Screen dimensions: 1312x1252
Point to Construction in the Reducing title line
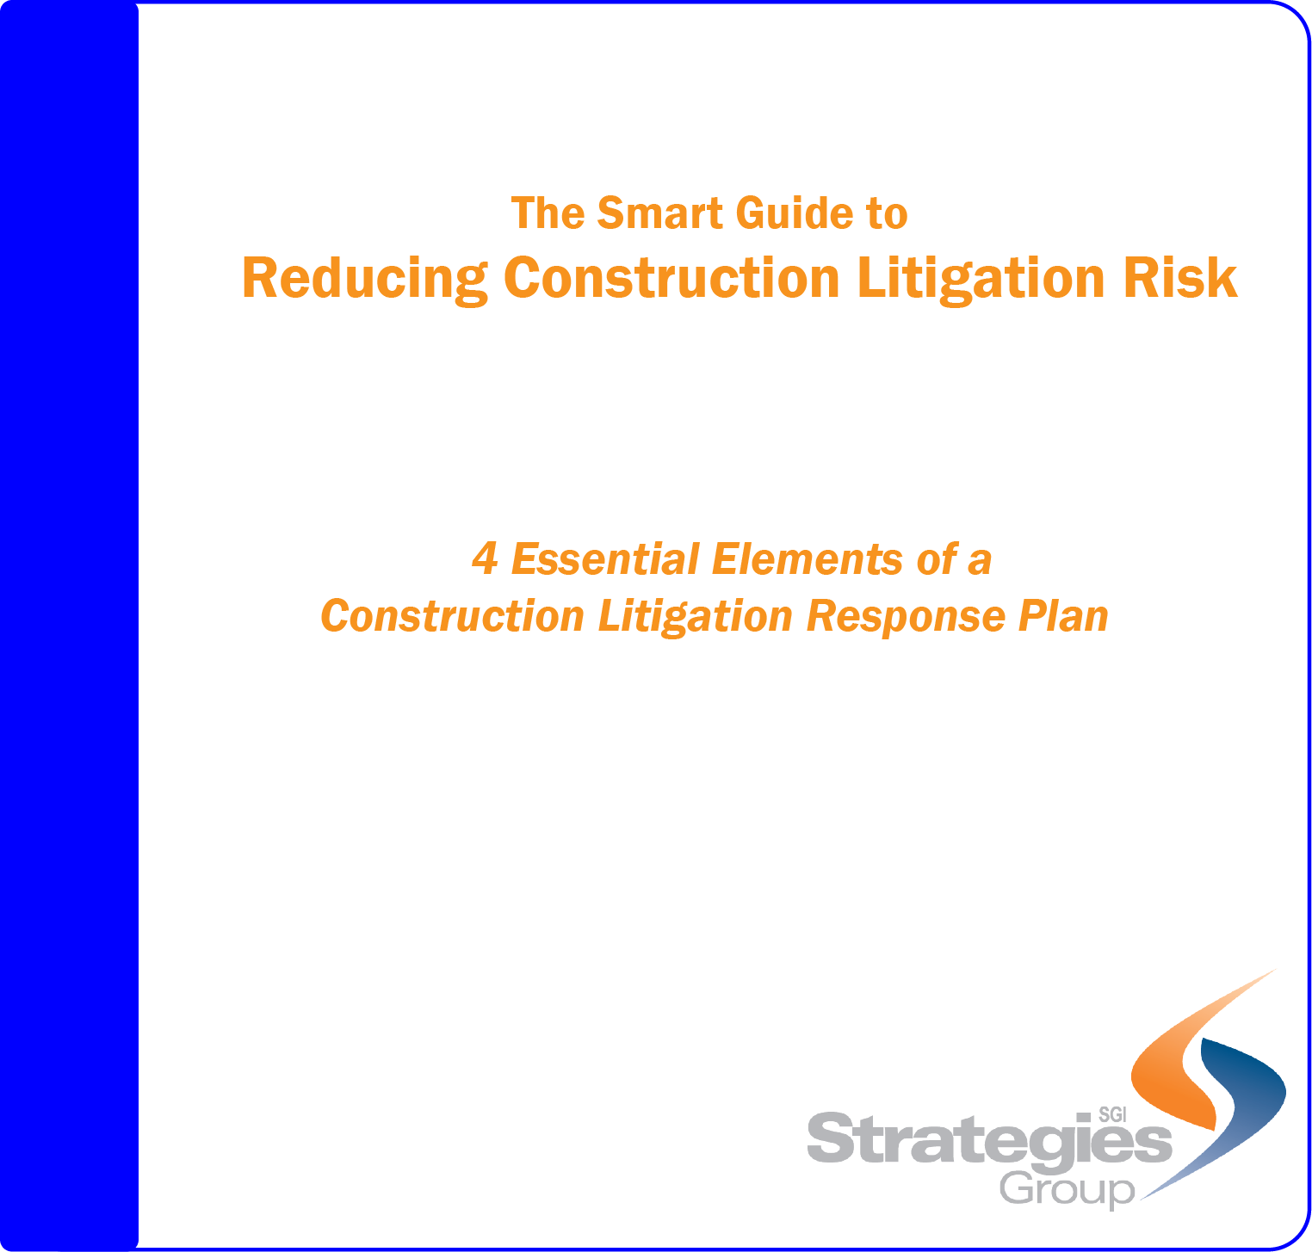point(671,278)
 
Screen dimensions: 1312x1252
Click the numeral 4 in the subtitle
point(486,559)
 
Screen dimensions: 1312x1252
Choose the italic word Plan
point(1063,616)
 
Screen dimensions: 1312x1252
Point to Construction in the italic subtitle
point(453,617)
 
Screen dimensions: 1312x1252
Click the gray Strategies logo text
point(990,1140)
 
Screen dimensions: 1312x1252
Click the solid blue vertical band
point(70,626)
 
